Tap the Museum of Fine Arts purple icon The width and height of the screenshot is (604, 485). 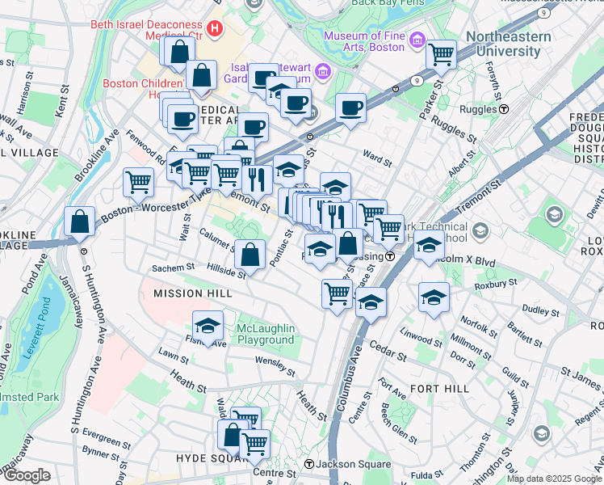(417, 40)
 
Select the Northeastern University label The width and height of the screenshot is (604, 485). (509, 44)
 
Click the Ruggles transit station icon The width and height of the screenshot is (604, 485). (503, 109)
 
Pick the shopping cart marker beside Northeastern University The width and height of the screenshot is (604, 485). (442, 55)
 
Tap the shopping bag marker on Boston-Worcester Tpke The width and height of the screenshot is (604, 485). (81, 221)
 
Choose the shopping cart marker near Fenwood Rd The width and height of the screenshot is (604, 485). (139, 182)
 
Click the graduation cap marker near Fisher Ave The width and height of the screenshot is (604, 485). (208, 326)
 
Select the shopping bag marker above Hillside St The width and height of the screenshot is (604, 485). (251, 255)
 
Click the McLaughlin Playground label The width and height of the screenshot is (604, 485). (266, 334)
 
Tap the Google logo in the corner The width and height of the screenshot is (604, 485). (27, 474)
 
